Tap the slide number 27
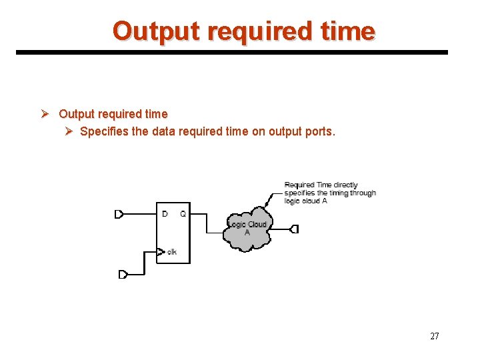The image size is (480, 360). tap(435, 336)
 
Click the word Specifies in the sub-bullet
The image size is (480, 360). tap(104, 131)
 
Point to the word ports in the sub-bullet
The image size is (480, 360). tap(318, 131)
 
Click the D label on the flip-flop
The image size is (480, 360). tap(165, 214)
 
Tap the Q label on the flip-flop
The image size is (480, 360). tap(183, 214)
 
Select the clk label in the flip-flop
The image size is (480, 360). tap(172, 252)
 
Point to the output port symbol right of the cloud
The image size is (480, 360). tap(294, 229)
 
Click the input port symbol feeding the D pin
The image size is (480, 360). tap(119, 214)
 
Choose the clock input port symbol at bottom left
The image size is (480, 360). tap(123, 275)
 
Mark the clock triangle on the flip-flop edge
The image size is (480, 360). tap(160, 252)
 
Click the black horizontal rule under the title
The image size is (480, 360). tap(232, 52)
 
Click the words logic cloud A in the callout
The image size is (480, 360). tap(306, 201)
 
